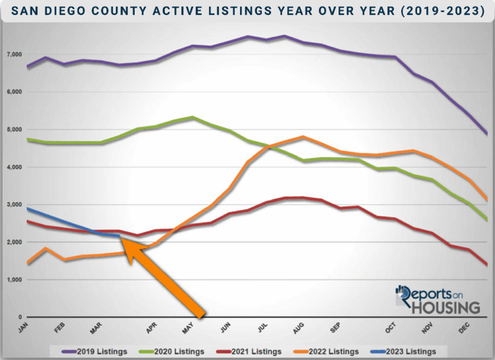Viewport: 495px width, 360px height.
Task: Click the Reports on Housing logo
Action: [437, 299]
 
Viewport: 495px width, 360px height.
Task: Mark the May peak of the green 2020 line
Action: [192, 118]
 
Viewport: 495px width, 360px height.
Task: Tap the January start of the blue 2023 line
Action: [27, 208]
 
